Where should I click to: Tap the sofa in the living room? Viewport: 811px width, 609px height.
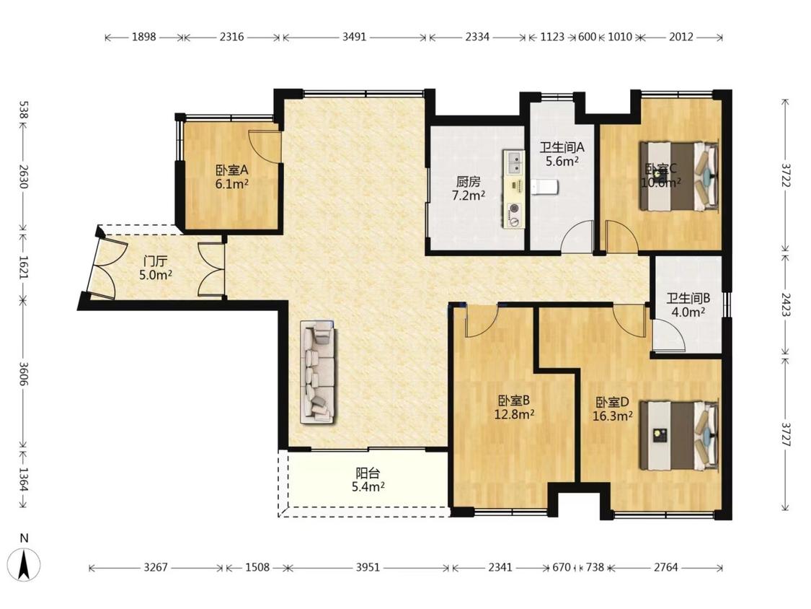[318, 372]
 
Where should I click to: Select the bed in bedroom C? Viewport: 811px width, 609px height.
[679, 176]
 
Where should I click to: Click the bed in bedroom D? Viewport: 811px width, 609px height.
[679, 435]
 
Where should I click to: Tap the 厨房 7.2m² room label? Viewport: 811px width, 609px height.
[469, 188]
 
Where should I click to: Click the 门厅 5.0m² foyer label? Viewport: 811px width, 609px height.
[156, 268]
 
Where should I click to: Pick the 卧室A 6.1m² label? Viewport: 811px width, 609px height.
[232, 177]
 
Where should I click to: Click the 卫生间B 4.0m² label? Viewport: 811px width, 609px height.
[688, 305]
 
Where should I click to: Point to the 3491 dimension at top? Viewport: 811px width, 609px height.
[354, 37]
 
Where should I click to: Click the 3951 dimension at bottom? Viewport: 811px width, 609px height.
[368, 567]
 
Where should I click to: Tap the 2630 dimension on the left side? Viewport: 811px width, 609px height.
[24, 177]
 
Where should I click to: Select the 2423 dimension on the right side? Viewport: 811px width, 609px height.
[786, 305]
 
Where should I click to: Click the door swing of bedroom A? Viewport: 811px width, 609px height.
[265, 148]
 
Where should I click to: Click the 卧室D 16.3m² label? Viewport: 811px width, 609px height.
[612, 409]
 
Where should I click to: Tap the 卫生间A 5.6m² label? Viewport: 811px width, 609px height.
[562, 154]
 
